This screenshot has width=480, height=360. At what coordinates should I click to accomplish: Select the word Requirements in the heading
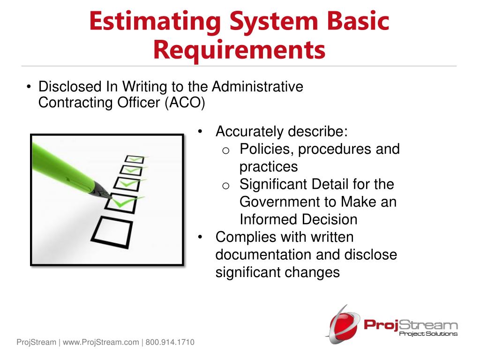240,50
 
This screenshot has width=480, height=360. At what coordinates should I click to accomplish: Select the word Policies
267,150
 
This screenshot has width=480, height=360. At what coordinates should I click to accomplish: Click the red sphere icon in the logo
342,324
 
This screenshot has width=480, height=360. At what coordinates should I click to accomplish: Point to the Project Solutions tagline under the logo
427,334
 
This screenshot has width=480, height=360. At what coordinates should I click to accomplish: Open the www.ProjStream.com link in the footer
101,343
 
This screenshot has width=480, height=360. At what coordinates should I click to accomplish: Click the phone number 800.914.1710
170,343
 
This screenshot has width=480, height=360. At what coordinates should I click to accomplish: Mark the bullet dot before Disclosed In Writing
29,87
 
